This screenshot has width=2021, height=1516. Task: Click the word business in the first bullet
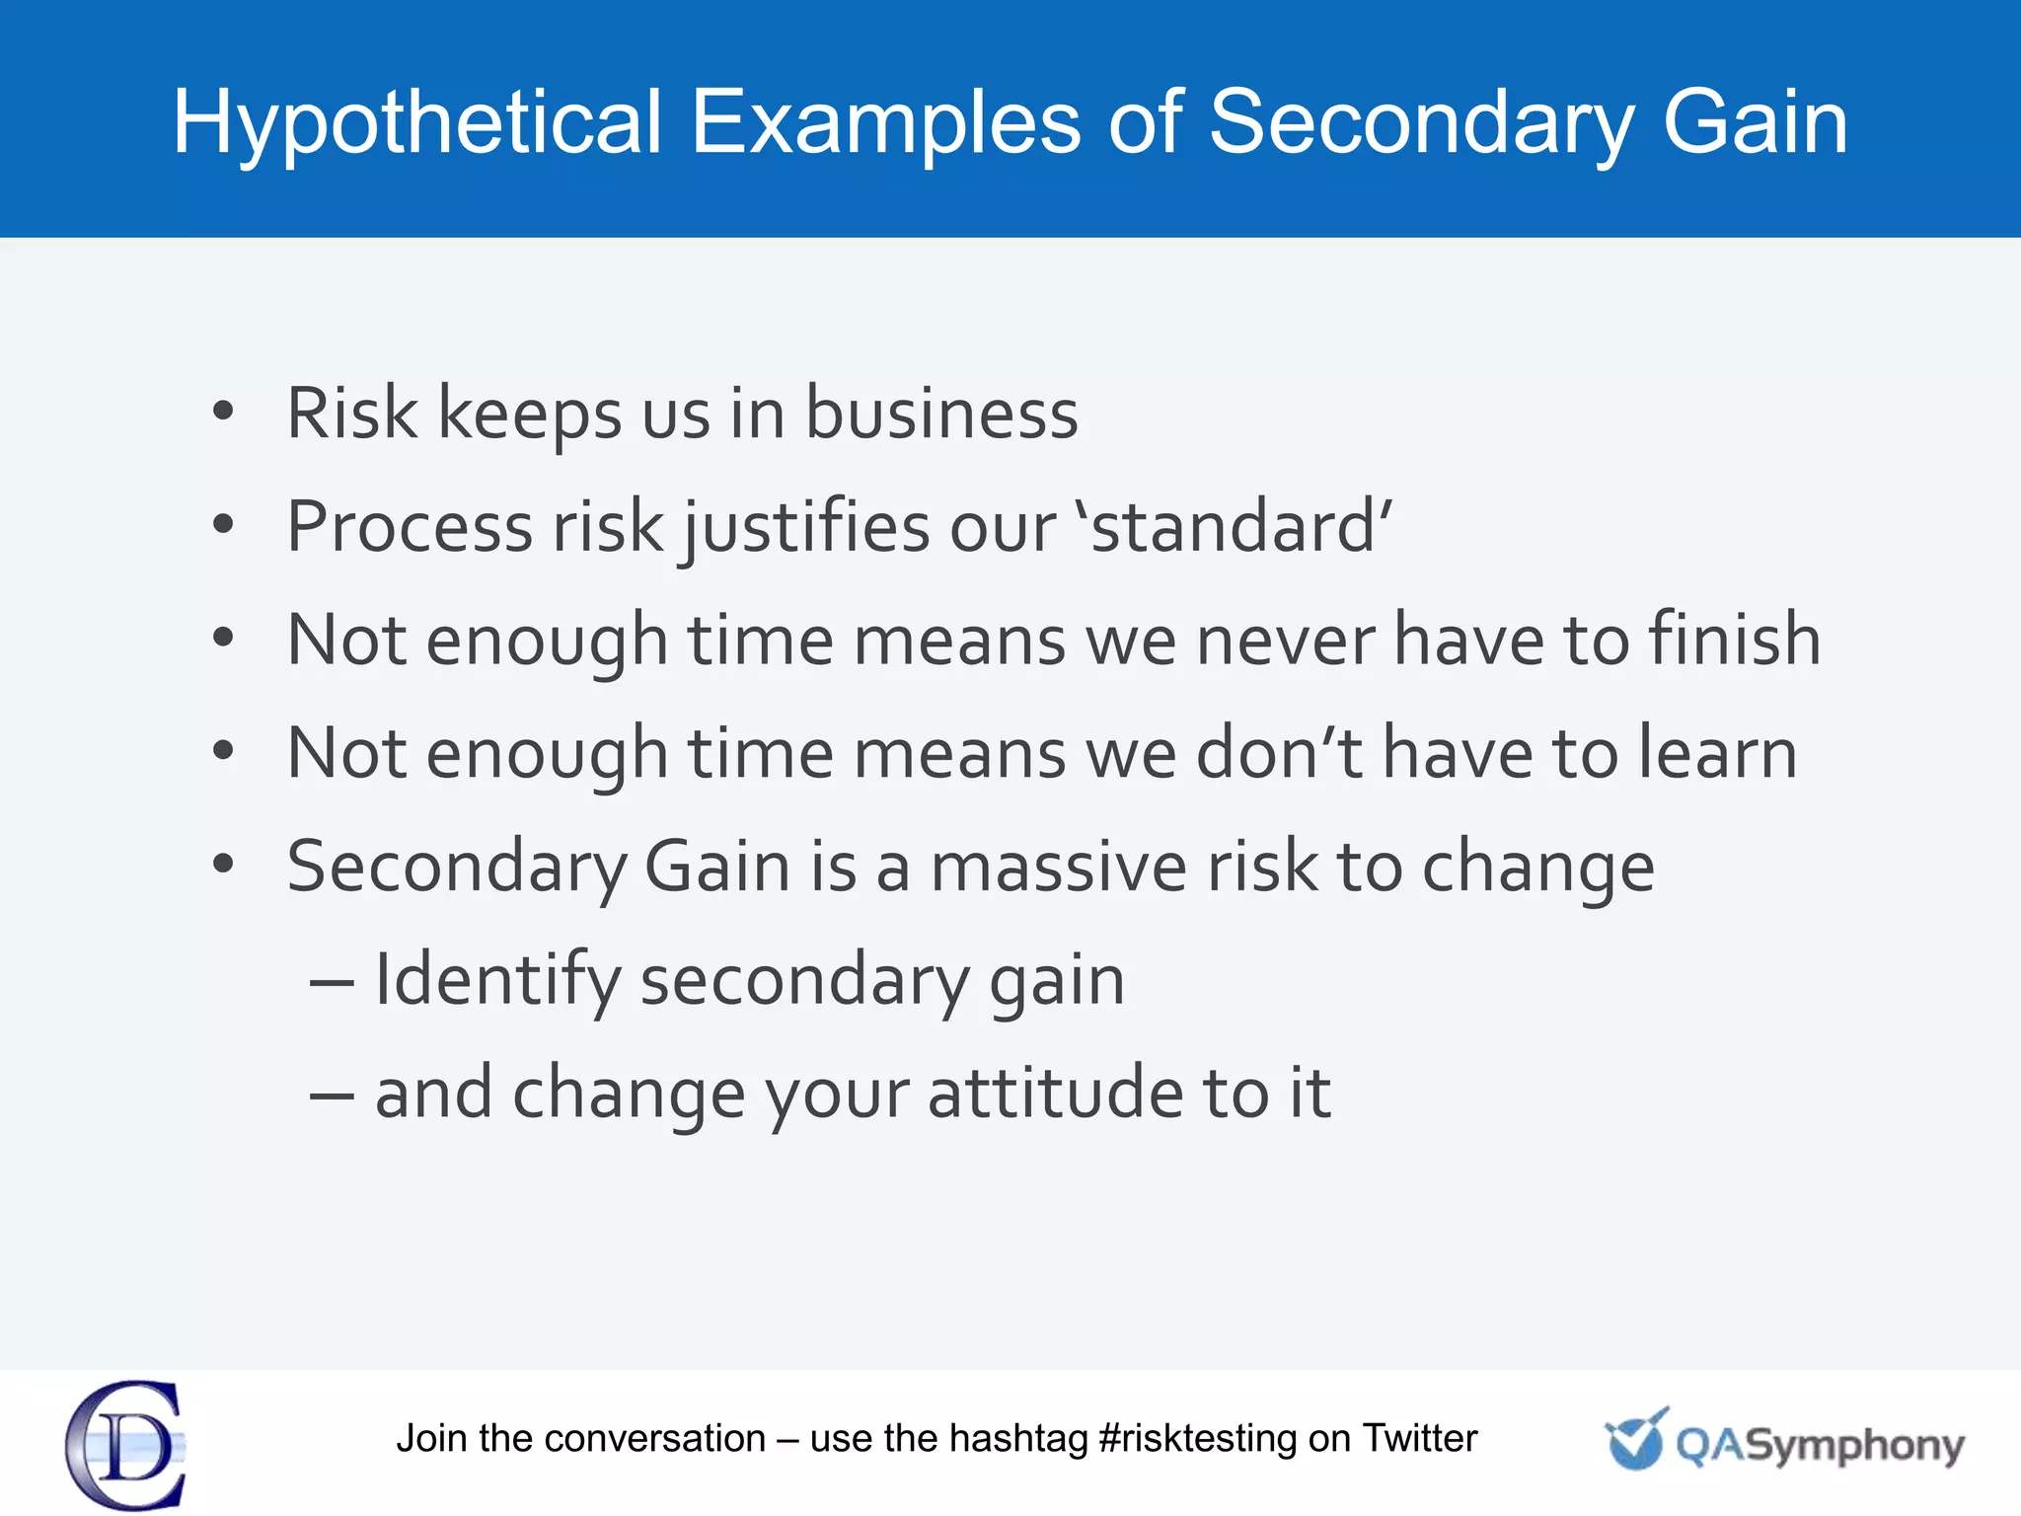941,414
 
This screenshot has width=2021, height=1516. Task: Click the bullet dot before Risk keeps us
224,411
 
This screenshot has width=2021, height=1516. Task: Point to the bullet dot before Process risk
224,524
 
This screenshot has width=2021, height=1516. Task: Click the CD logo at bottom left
126,1445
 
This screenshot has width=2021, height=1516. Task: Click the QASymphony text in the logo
1820,1446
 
